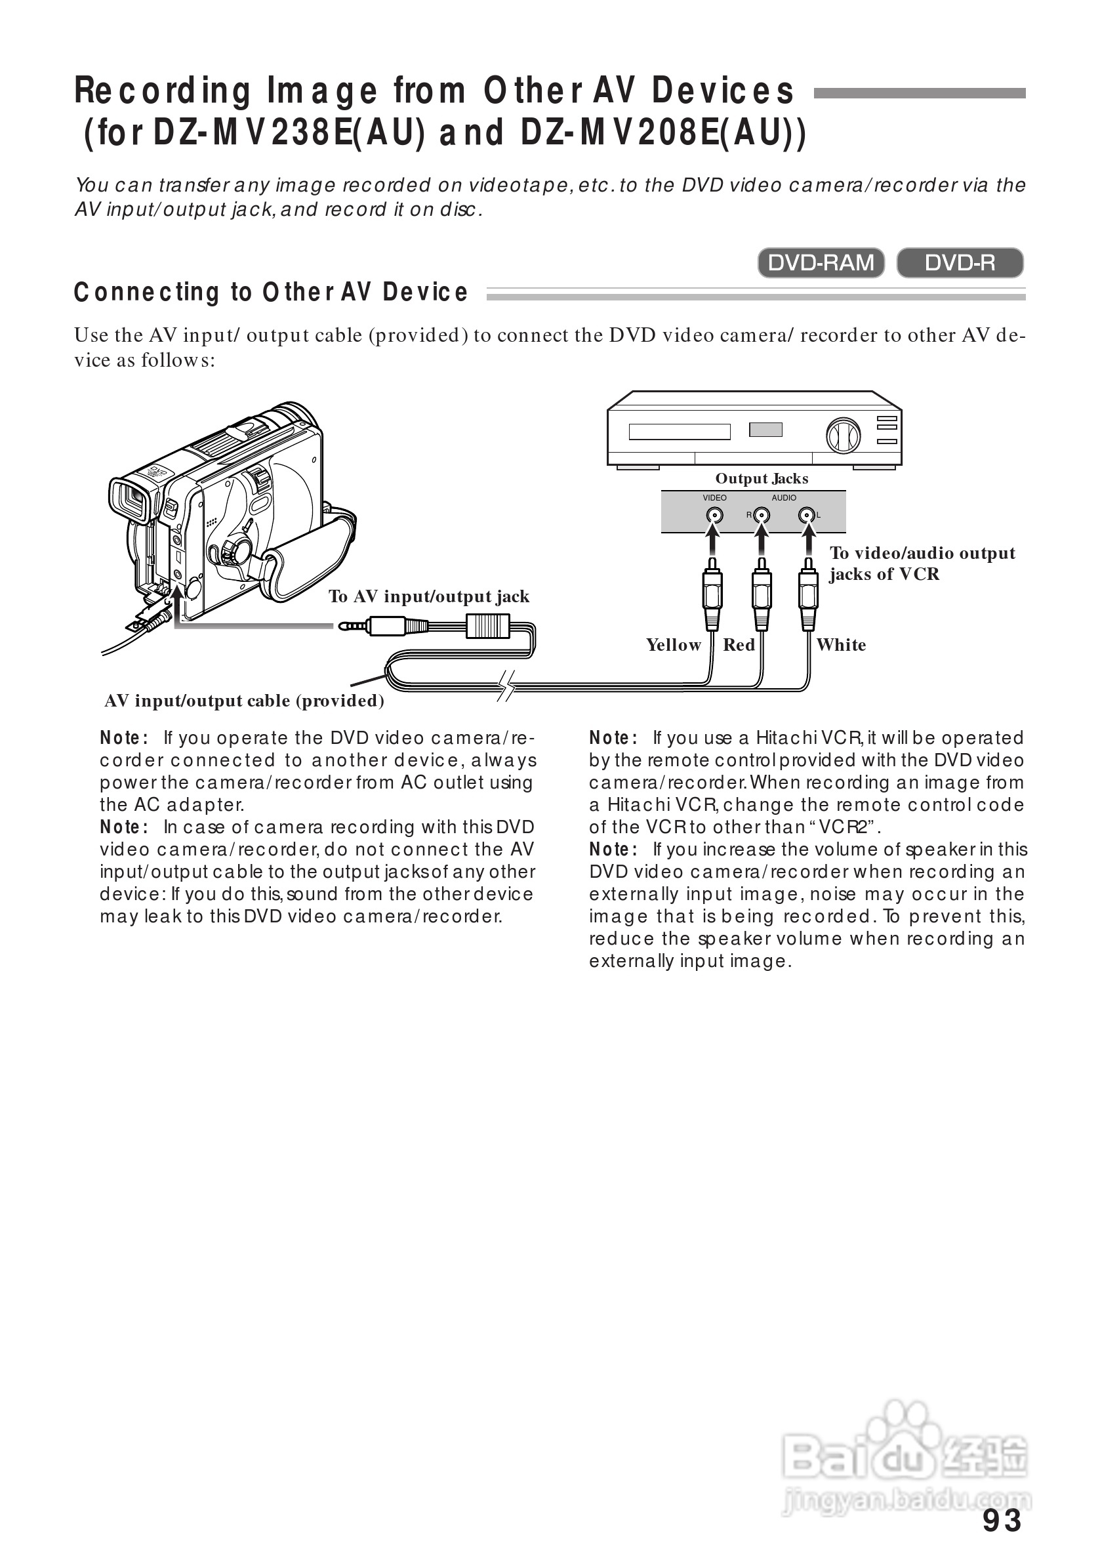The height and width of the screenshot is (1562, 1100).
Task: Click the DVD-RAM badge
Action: [x=821, y=262]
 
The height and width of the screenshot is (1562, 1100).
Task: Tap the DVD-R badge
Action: [x=959, y=262]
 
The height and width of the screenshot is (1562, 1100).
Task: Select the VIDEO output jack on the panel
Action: [x=714, y=515]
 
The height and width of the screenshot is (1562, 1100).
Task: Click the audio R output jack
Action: [x=762, y=515]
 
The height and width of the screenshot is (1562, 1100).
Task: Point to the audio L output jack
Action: [x=807, y=515]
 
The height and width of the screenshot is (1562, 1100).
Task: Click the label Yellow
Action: [x=673, y=644]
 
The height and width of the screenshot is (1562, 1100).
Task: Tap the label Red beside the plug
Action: [x=739, y=644]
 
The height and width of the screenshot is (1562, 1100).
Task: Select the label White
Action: [x=841, y=644]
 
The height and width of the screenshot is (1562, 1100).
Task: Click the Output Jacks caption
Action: [x=762, y=478]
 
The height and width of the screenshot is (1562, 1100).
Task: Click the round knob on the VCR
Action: [x=843, y=436]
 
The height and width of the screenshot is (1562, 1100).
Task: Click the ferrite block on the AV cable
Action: [x=487, y=625]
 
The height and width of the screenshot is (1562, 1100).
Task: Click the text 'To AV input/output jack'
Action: [x=428, y=596]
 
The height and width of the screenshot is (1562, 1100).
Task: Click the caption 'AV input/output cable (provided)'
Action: [x=244, y=701]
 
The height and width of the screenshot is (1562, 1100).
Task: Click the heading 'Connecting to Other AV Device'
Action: [x=271, y=292]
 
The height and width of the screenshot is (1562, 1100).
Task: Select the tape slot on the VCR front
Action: [x=679, y=431]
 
